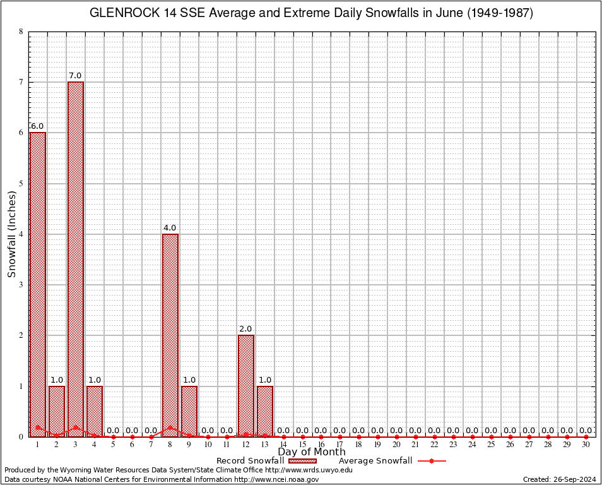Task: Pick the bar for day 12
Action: (x=246, y=385)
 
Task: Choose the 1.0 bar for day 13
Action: (x=265, y=410)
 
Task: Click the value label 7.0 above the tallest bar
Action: (x=75, y=76)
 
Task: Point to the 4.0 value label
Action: (x=170, y=228)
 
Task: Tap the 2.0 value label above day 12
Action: (x=245, y=329)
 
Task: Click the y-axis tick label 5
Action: (x=21, y=184)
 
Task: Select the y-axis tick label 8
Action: (x=21, y=32)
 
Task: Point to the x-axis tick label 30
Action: (x=586, y=445)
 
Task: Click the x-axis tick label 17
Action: (x=340, y=445)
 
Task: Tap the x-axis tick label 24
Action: (x=472, y=445)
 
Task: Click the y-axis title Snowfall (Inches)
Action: (x=11, y=234)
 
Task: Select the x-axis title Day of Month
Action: (x=311, y=452)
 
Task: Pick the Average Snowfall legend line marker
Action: (x=431, y=461)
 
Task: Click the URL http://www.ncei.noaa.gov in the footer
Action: (x=276, y=479)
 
